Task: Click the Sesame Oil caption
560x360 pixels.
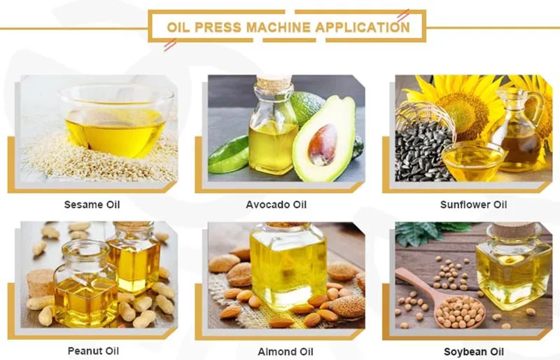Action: [x=92, y=205]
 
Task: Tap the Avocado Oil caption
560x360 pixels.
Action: [x=276, y=205]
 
